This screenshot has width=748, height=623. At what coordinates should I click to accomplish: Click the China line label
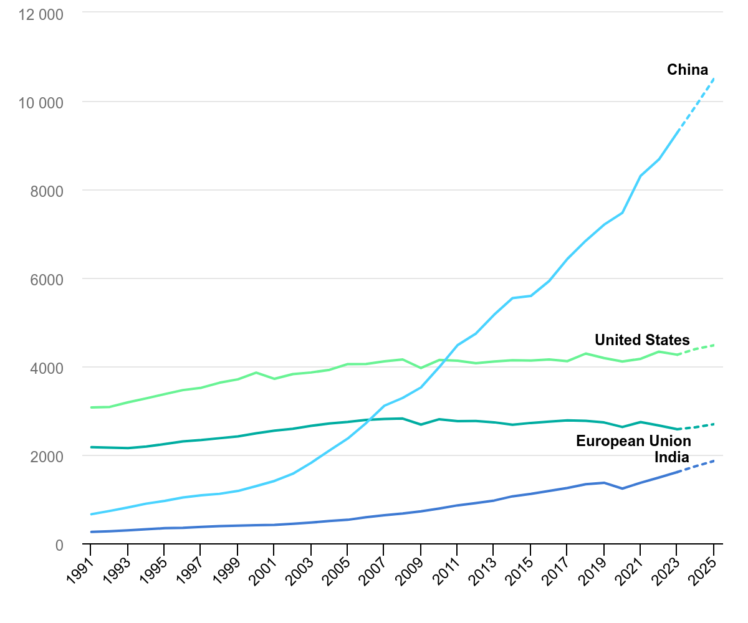tap(688, 69)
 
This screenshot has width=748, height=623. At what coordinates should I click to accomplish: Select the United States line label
tap(642, 340)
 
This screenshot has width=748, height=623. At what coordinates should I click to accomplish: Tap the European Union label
tap(633, 441)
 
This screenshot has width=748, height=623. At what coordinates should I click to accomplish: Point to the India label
tap(673, 457)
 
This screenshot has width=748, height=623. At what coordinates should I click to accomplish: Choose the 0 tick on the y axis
tap(59, 545)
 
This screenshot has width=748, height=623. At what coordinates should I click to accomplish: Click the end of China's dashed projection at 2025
tap(714, 78)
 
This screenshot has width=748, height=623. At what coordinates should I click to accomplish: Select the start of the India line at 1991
tap(91, 532)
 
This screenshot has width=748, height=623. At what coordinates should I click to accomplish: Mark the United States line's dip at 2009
tap(421, 368)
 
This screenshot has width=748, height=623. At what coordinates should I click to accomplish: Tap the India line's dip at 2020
tap(622, 488)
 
